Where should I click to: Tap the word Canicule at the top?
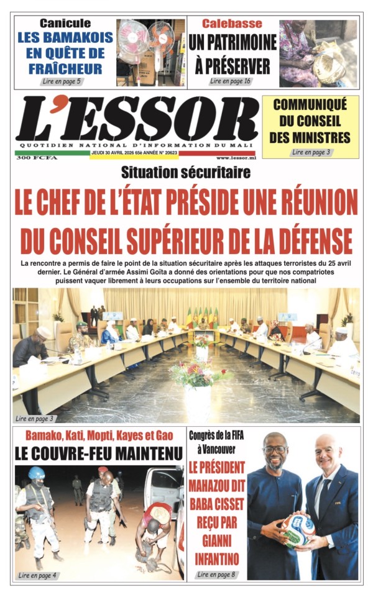coord(65,24)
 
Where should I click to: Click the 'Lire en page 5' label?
coord(62,81)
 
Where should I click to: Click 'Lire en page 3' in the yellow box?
coord(311,152)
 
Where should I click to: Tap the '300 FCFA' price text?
coord(30,158)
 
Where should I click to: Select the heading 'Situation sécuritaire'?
coord(186,172)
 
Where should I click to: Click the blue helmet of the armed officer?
coord(37,473)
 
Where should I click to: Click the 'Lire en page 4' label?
coord(38,575)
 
